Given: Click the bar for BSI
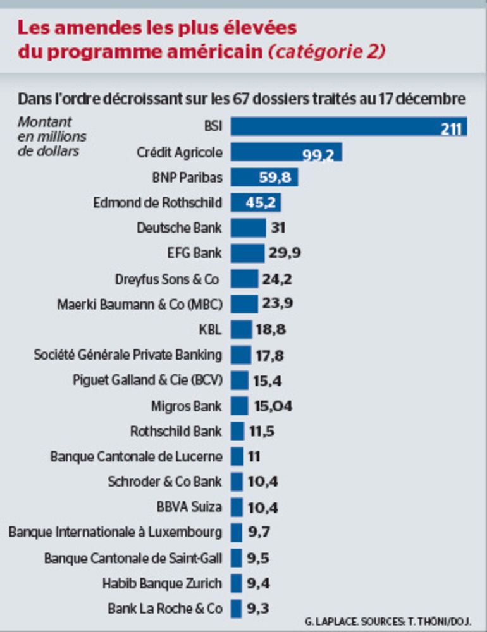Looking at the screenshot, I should (x=348, y=126).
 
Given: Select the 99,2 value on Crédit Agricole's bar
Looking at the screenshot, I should (x=318, y=153).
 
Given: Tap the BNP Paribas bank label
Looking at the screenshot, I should (x=187, y=178).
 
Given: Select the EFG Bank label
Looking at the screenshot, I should (x=195, y=253).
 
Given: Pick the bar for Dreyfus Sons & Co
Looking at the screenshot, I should (x=244, y=279).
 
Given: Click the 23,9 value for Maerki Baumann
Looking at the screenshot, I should (x=277, y=304).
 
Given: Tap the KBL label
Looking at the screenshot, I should (x=211, y=329).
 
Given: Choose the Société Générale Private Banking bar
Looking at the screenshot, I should (x=240, y=355).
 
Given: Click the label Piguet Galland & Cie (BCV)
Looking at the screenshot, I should (x=147, y=380).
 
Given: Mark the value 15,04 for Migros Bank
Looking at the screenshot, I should (x=273, y=406).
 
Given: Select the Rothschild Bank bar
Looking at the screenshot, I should (x=237, y=431).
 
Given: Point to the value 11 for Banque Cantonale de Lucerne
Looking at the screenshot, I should (x=254, y=456).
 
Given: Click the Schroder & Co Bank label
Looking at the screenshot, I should (x=164, y=482).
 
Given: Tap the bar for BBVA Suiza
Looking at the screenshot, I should (x=237, y=507).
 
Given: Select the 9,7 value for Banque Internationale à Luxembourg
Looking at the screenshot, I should (x=259, y=532).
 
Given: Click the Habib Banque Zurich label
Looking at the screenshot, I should (x=162, y=583).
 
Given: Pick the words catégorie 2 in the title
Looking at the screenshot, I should (x=326, y=52).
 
